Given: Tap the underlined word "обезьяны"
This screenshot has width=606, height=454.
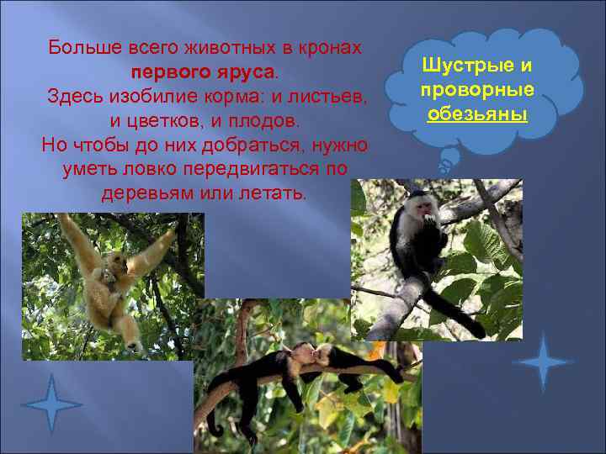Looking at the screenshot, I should click(x=477, y=113).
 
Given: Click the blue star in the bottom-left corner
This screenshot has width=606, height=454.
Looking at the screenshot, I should click(x=51, y=404).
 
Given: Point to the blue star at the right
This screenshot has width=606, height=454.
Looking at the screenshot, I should click(x=542, y=362).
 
